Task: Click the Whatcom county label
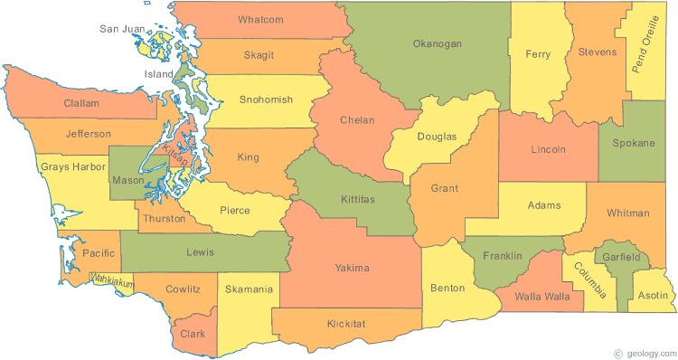pos(260,20)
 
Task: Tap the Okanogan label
pos(437,43)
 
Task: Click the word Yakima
pos(352,268)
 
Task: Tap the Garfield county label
pos(624,258)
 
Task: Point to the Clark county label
pos(192,333)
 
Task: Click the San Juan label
pos(122,29)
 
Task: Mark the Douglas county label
pos(437,137)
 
